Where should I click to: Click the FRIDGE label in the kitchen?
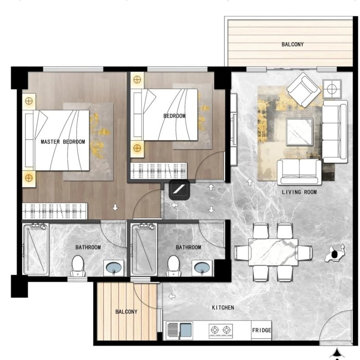[x=262, y=330]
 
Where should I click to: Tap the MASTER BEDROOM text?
[x=63, y=142]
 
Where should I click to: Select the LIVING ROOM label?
[x=299, y=192]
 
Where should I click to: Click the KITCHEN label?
[x=223, y=307]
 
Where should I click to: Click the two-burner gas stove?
[x=221, y=330]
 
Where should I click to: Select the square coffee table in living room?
[x=300, y=132]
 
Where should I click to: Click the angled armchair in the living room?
[x=304, y=90]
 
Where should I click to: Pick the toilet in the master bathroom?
[x=78, y=266]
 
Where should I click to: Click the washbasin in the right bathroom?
[x=202, y=268]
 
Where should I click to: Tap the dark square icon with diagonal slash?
[x=180, y=190]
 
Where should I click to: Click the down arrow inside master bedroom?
[x=115, y=207]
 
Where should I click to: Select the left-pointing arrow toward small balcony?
[x=172, y=296]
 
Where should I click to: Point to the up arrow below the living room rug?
[x=250, y=182]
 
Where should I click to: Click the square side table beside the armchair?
[x=332, y=89]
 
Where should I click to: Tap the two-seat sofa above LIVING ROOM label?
[x=299, y=172]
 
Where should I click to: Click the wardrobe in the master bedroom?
[x=55, y=211]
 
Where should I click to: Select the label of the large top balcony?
[x=293, y=44]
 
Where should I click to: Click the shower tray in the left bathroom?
[x=36, y=249]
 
